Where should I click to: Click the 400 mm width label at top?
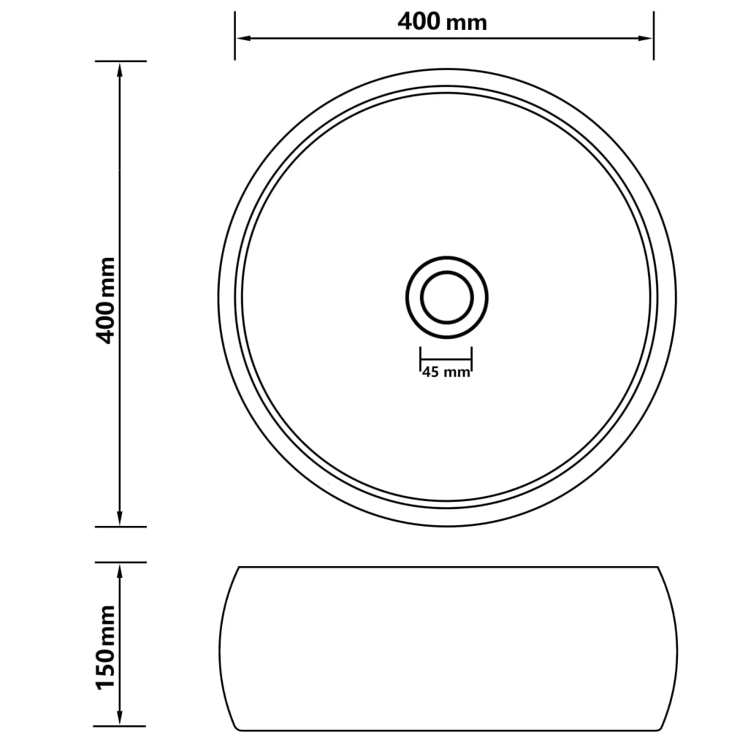[442, 22]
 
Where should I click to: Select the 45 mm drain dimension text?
[446, 373]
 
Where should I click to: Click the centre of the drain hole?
[446, 297]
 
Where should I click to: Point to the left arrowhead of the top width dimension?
[241, 38]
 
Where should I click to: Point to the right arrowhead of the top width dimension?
[646, 38]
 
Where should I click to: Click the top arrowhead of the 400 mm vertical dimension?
[120, 68]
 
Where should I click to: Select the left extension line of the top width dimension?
[234, 44]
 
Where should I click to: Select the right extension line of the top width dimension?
[653, 44]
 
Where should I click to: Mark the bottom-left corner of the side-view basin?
[238, 729]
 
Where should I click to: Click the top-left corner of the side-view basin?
[239, 568]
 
